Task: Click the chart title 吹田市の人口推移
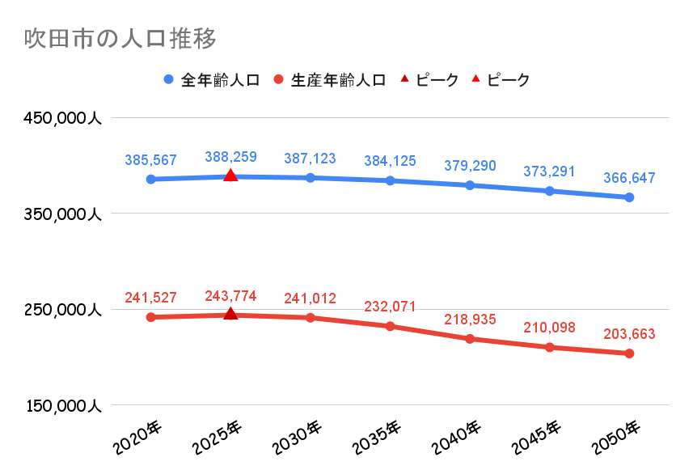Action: click(119, 39)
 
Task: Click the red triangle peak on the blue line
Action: click(230, 176)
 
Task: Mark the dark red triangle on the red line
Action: click(230, 314)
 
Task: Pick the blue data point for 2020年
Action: click(150, 179)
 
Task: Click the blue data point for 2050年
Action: click(629, 197)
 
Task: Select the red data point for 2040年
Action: click(470, 339)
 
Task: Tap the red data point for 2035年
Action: click(390, 326)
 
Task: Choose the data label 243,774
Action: click(230, 296)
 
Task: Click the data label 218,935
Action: click(470, 320)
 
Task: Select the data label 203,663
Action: click(629, 334)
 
